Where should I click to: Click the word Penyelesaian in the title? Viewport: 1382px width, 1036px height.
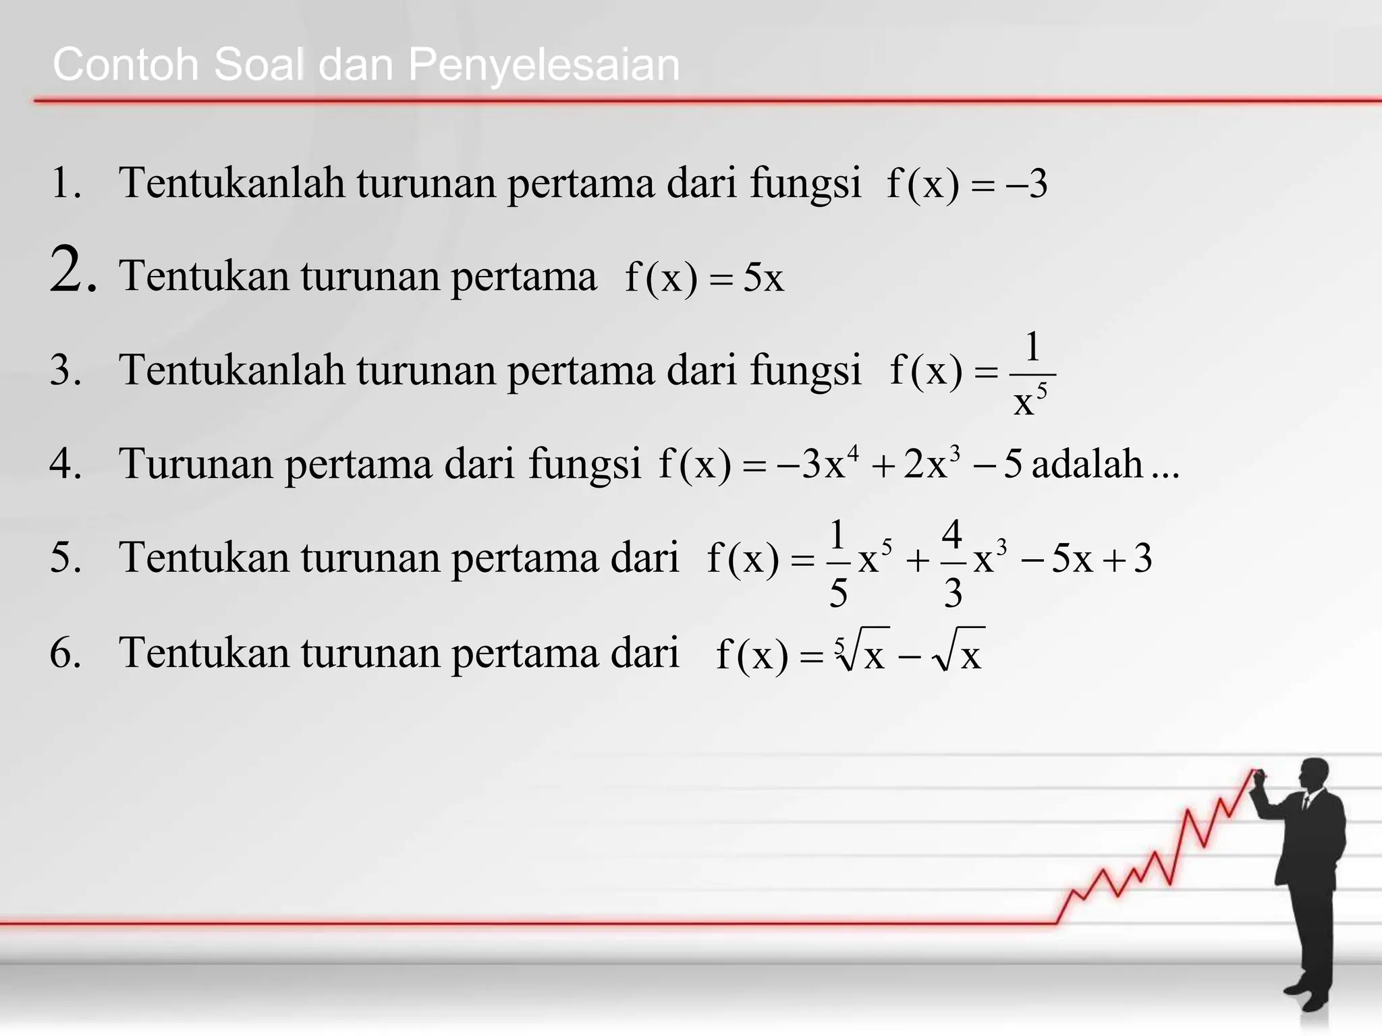tap(543, 66)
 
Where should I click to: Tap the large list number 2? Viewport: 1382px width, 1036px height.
tap(72, 271)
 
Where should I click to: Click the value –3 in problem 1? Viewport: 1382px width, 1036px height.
tap(1027, 184)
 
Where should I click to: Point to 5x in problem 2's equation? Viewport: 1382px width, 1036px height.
tap(763, 277)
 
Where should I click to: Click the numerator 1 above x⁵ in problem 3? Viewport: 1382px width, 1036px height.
tap(1032, 348)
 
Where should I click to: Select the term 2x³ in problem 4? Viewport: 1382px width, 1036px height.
tap(931, 464)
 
